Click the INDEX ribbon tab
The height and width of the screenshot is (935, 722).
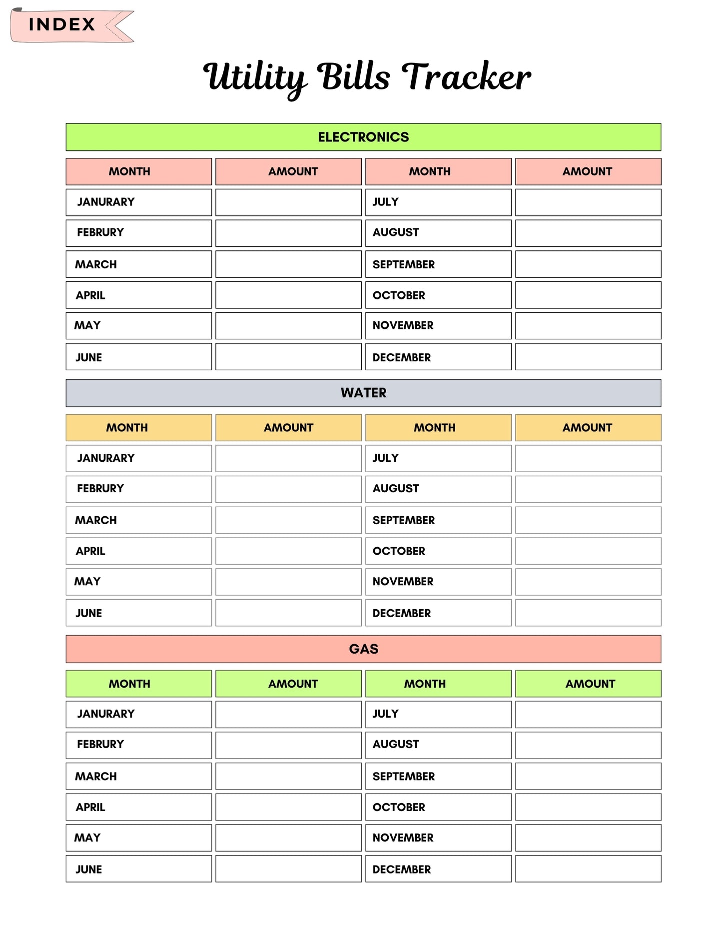pyautogui.click(x=62, y=24)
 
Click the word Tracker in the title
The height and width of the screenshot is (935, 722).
pyautogui.click(x=466, y=77)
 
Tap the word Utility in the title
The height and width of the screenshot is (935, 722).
pyautogui.click(x=254, y=77)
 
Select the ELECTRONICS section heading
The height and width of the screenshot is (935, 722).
pyautogui.click(x=363, y=137)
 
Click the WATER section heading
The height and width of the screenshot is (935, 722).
pyautogui.click(x=363, y=393)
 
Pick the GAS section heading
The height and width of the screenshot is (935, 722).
pyautogui.click(x=363, y=649)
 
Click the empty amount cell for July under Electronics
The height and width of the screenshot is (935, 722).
pyautogui.click(x=588, y=202)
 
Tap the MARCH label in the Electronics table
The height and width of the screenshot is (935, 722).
pyautogui.click(x=96, y=264)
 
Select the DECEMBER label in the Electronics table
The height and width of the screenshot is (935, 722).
pyautogui.click(x=402, y=357)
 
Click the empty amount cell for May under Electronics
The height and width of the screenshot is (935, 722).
pyautogui.click(x=288, y=326)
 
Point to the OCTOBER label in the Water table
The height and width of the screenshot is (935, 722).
pyautogui.click(x=399, y=551)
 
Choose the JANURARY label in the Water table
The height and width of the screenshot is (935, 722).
pyautogui.click(x=106, y=458)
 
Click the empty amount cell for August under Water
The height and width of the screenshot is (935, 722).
pyautogui.click(x=588, y=489)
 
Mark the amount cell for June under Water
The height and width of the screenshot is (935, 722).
pyautogui.click(x=288, y=613)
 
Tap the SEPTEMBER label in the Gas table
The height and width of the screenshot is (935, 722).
pyautogui.click(x=404, y=776)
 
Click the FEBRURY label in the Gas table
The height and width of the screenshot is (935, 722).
pyautogui.click(x=100, y=744)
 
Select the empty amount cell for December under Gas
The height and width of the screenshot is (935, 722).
pyautogui.click(x=588, y=869)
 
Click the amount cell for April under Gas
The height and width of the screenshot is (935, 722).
pyautogui.click(x=288, y=807)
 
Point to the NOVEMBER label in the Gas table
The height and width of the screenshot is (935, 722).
pyautogui.click(x=403, y=838)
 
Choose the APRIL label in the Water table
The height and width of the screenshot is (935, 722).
pyautogui.click(x=90, y=551)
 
